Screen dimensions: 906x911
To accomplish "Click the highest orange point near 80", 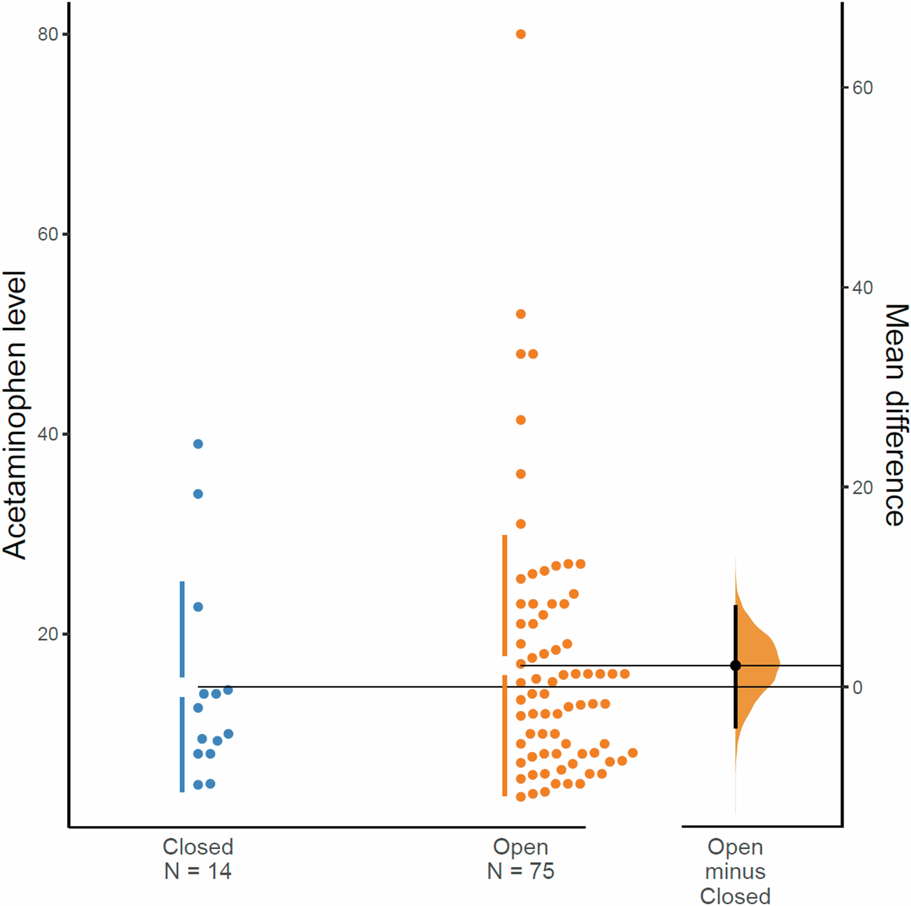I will [x=520, y=34].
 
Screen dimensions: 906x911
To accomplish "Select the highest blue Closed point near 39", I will [x=198, y=444].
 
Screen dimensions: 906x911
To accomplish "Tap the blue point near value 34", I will [x=198, y=494].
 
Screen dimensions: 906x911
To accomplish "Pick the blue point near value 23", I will [x=198, y=607].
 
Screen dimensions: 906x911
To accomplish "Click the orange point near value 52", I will [x=520, y=314].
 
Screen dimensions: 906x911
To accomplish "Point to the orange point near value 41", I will [x=520, y=420].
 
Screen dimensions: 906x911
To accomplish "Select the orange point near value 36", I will [x=520, y=474].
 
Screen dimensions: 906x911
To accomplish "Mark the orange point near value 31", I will [x=520, y=524].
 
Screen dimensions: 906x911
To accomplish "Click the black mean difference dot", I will [x=735, y=666].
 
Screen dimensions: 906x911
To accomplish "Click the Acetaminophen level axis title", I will [x=15, y=415].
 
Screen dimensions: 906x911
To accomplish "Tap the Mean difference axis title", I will [x=895, y=415].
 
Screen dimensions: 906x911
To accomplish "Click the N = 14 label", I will [x=198, y=871].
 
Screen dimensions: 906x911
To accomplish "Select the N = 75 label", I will [x=520, y=871].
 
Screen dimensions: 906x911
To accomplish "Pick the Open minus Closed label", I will [x=735, y=871].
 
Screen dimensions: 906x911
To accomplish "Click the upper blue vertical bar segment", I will [x=182, y=629].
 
